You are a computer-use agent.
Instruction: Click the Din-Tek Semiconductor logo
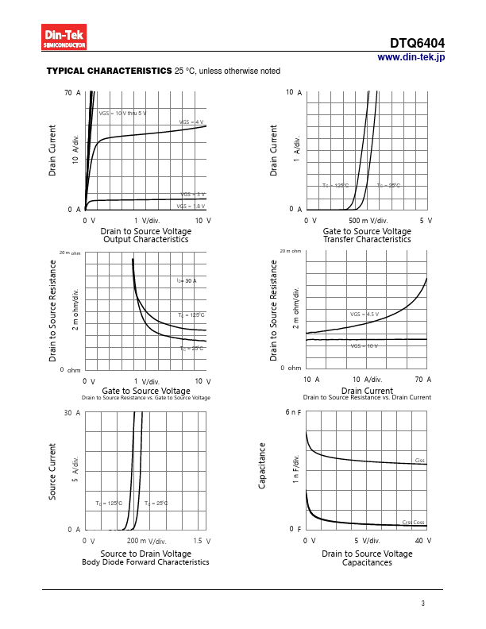tap(64, 37)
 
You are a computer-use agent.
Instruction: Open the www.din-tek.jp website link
tap(411, 57)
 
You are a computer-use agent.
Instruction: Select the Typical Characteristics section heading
tap(109, 71)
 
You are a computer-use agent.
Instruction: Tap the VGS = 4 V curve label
tap(191, 122)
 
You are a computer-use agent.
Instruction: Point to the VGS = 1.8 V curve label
tap(191, 206)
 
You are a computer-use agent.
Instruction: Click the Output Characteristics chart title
tap(145, 239)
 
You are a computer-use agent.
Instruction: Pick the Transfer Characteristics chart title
tap(367, 239)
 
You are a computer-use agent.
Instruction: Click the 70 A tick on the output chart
tap(73, 93)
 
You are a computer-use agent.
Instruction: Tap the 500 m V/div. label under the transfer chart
tap(368, 220)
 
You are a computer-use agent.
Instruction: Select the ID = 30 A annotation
tap(187, 281)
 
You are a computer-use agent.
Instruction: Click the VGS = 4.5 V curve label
tap(364, 314)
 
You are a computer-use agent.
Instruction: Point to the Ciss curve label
tap(419, 461)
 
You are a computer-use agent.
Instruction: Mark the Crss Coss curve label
tap(413, 522)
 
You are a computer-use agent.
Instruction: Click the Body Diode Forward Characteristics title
tap(145, 562)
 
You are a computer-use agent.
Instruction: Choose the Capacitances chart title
tap(367, 562)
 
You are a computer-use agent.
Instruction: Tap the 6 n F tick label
tap(293, 413)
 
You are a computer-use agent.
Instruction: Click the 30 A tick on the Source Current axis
tap(73, 413)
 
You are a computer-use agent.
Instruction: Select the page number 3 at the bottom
tap(423, 604)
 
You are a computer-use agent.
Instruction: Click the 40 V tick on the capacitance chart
tap(423, 540)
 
